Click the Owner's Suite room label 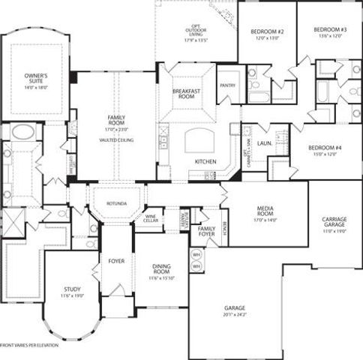click(36, 78)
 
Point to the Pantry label click(227, 85)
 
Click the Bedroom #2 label click(266, 31)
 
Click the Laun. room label click(264, 142)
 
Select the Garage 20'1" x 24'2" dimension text click(235, 314)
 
